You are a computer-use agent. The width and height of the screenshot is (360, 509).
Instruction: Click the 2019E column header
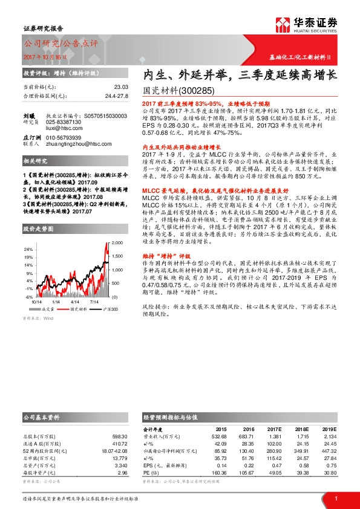click(x=329, y=429)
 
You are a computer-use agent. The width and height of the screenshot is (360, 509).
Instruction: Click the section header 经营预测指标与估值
click(x=171, y=417)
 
